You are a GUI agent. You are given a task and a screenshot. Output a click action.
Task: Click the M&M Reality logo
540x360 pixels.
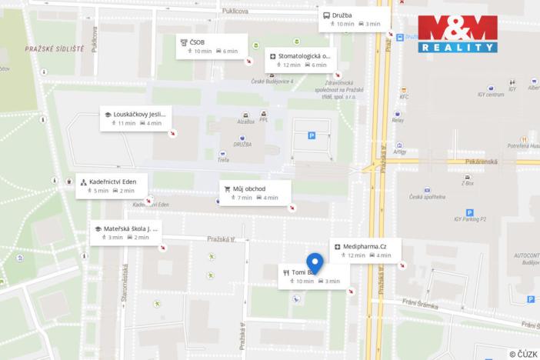click(x=458, y=34)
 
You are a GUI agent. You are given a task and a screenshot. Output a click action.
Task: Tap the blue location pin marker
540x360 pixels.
click(x=315, y=263)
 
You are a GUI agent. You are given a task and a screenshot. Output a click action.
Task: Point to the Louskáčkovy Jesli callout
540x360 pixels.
click(x=135, y=118)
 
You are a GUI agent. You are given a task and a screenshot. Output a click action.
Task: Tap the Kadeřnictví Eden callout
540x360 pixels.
click(x=112, y=185)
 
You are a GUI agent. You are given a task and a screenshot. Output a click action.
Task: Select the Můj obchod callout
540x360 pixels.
click(x=255, y=192)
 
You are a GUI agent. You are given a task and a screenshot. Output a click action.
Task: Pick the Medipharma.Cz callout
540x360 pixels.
click(x=365, y=250)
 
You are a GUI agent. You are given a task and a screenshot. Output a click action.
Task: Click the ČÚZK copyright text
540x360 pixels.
click(x=522, y=353)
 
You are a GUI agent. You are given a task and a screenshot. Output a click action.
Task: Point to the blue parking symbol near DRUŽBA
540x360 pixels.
click(x=312, y=135)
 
